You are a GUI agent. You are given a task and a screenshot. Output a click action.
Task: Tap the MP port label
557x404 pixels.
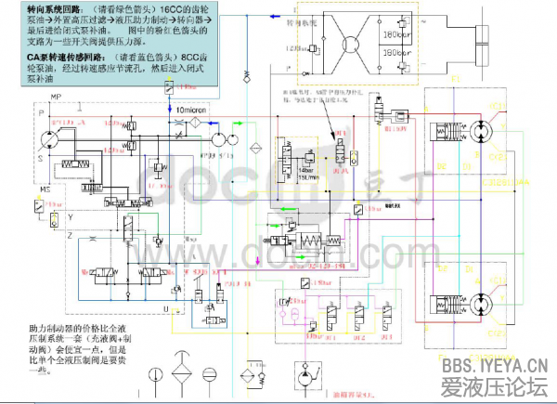(x=56, y=98)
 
